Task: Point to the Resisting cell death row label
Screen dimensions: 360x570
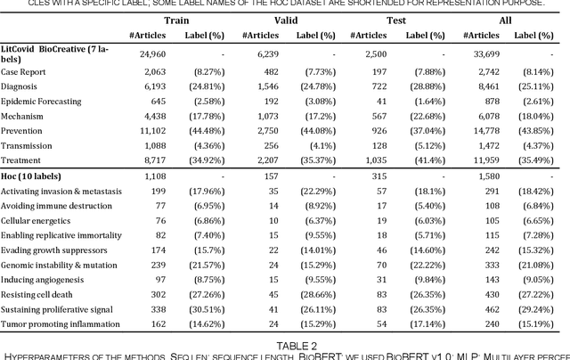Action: point(41,294)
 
